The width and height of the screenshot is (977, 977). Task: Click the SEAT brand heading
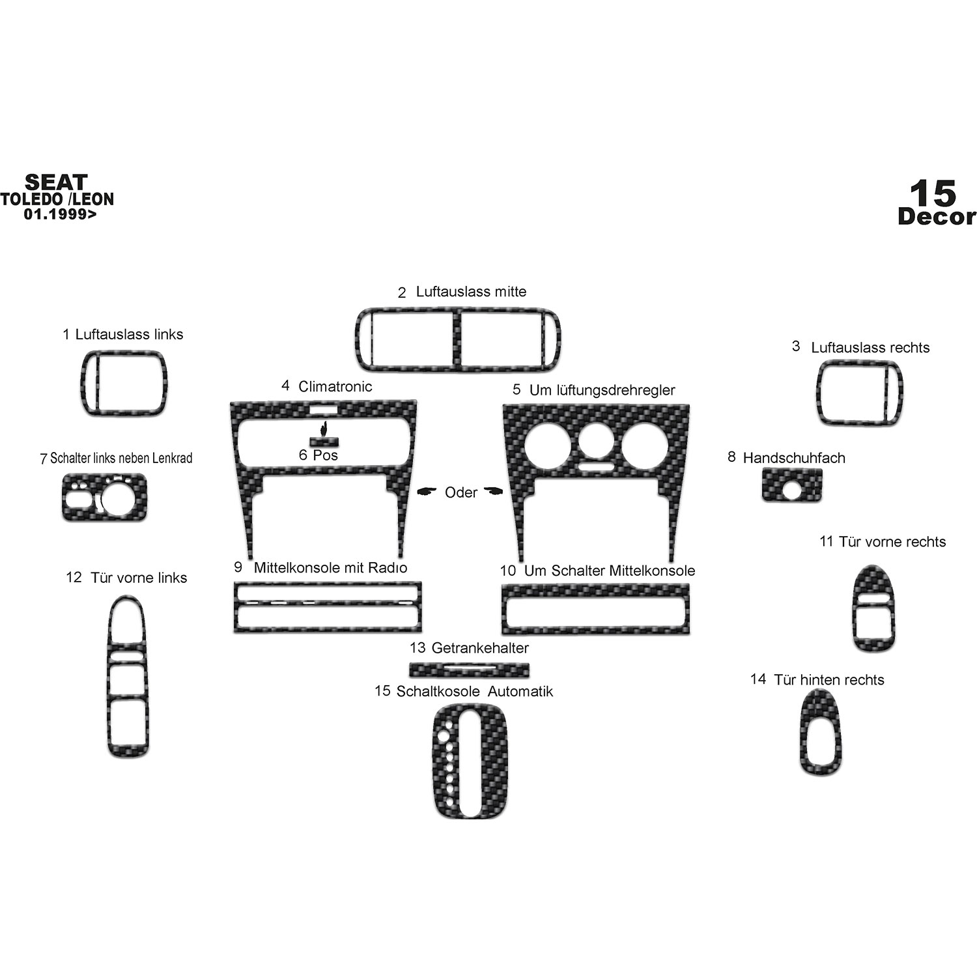pyautogui.click(x=56, y=182)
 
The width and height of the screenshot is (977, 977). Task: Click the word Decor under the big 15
pyautogui.click(x=937, y=217)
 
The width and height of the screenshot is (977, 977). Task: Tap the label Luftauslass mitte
pyautogui.click(x=471, y=291)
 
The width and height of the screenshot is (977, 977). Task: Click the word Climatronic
pyautogui.click(x=335, y=386)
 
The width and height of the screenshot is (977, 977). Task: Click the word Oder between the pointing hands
pyautogui.click(x=461, y=492)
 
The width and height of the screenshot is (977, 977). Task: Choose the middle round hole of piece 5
pyautogui.click(x=596, y=443)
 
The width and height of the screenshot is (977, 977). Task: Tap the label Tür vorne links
pyautogui.click(x=139, y=578)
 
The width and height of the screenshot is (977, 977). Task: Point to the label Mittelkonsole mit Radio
pyautogui.click(x=330, y=567)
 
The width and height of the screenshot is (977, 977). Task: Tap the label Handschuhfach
pyautogui.click(x=794, y=458)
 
